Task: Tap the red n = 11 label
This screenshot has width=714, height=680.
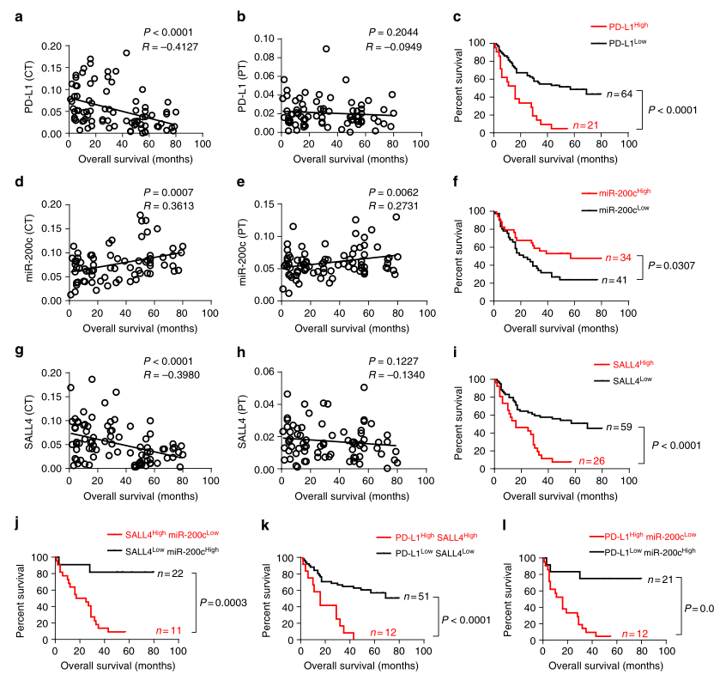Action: [x=153, y=632]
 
